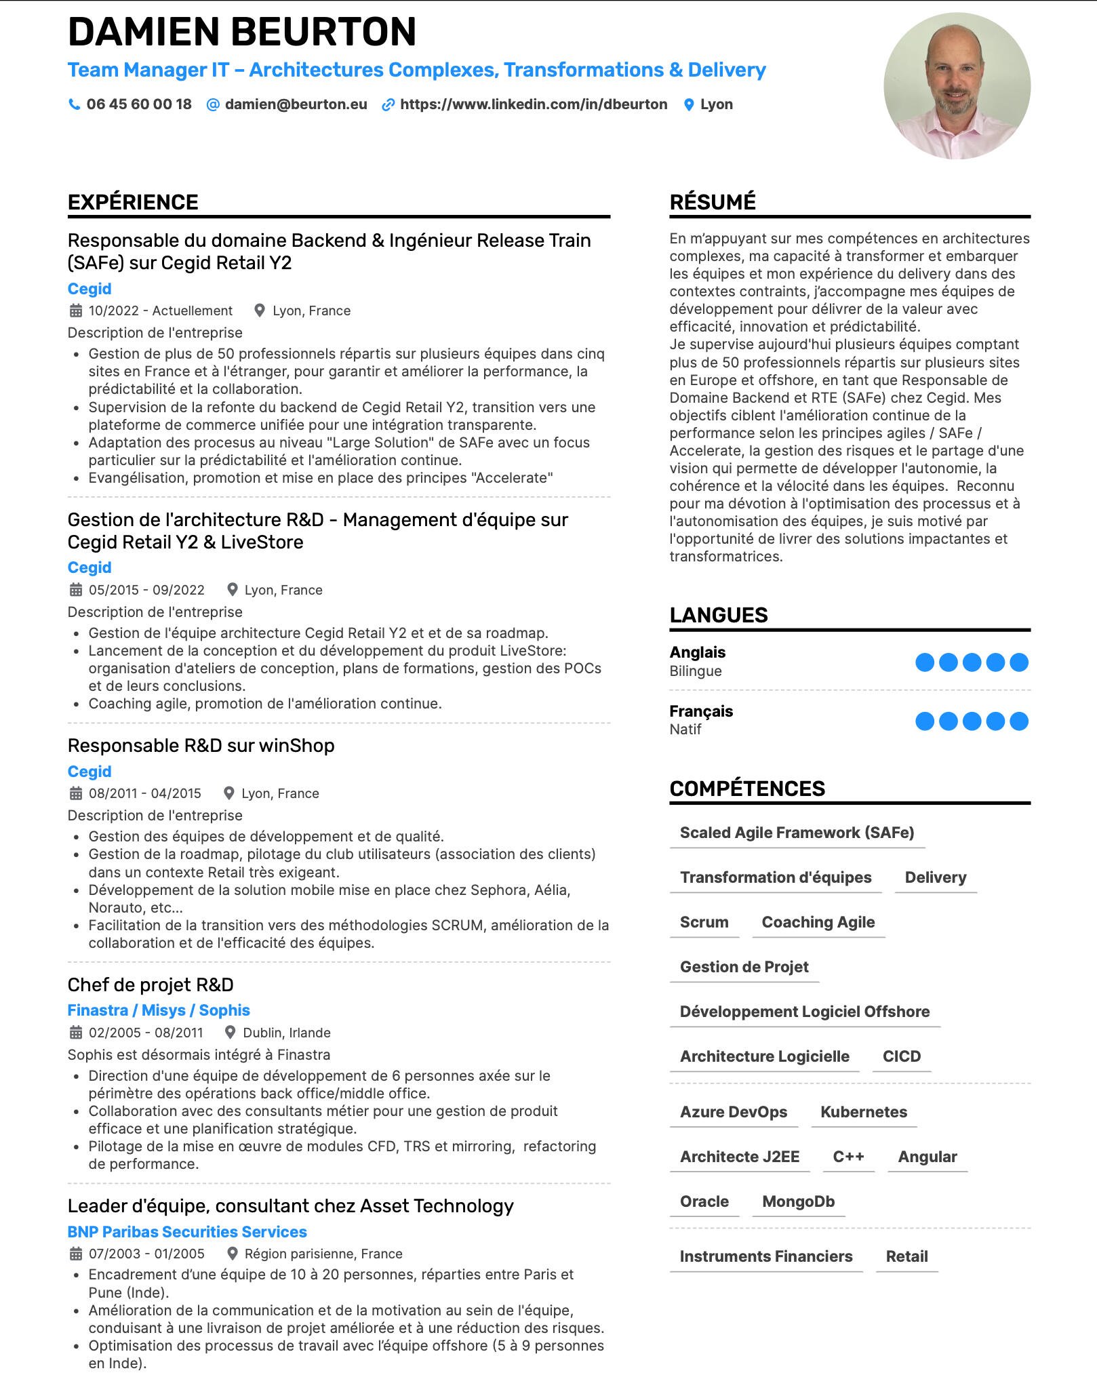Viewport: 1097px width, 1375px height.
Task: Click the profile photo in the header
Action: (x=957, y=86)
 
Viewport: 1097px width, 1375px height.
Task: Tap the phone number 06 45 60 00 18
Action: (x=138, y=104)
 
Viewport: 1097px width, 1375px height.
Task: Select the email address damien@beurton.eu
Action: (x=296, y=104)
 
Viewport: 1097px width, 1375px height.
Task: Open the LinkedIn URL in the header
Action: (x=533, y=104)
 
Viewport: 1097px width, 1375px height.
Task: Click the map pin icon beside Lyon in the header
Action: (x=689, y=104)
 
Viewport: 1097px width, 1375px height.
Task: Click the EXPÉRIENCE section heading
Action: (x=133, y=202)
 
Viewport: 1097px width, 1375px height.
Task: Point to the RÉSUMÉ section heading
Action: (x=713, y=202)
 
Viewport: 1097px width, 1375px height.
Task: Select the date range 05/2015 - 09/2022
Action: (x=146, y=590)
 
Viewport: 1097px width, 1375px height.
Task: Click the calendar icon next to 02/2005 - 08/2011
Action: (x=76, y=1033)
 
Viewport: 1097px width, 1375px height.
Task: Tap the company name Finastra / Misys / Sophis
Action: (x=159, y=1010)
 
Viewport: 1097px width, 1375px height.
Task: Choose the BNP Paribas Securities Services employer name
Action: (x=187, y=1232)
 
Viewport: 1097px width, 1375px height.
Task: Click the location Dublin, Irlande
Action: (x=287, y=1033)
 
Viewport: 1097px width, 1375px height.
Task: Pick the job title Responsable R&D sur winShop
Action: (x=201, y=746)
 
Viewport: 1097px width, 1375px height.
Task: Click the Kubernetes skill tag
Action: (x=863, y=1112)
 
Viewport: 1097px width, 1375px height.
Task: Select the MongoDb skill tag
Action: (x=798, y=1201)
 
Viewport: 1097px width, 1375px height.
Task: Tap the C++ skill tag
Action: (x=848, y=1157)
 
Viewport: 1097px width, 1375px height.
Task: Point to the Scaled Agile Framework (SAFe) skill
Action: (x=797, y=833)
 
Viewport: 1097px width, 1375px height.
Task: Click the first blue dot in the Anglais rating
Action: (x=925, y=662)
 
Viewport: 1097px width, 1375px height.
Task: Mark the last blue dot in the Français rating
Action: (x=1018, y=721)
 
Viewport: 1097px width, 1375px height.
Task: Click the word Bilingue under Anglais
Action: (x=696, y=671)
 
